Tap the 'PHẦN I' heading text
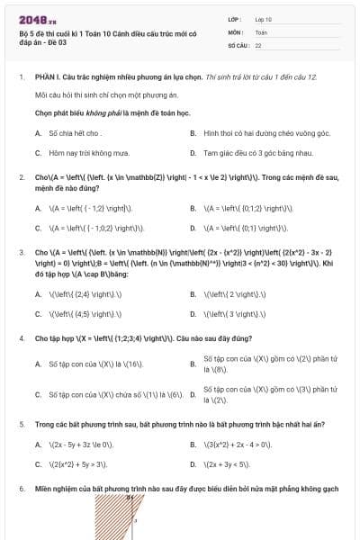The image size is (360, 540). (x=48, y=77)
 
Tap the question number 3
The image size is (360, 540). (x=21, y=253)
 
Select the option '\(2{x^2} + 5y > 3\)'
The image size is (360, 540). (x=77, y=464)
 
